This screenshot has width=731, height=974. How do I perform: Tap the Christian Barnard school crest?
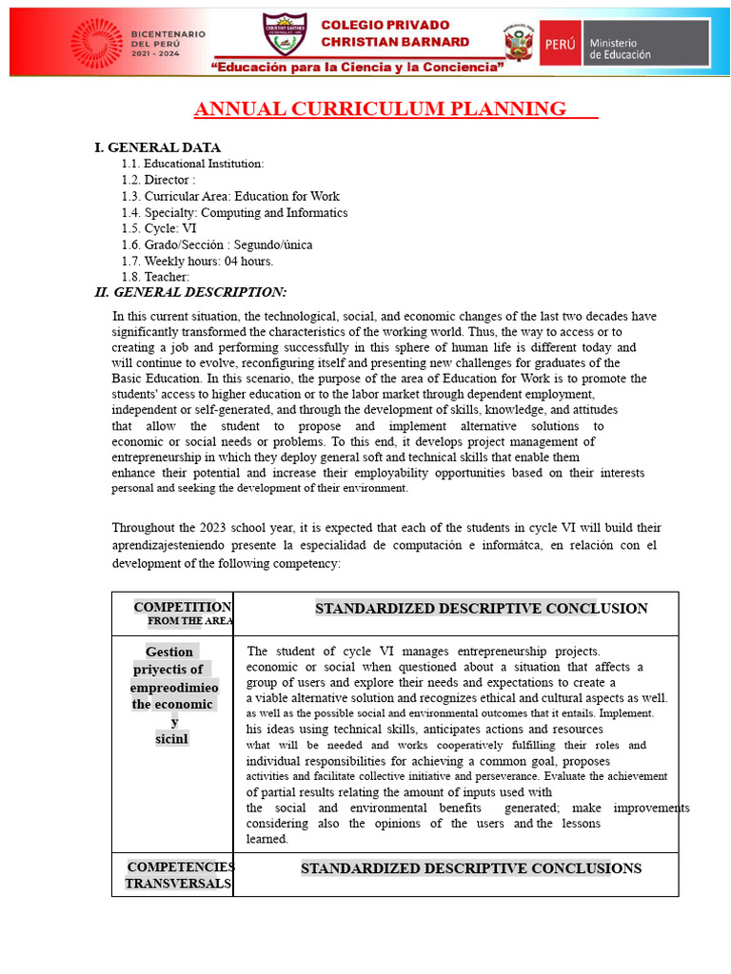285,35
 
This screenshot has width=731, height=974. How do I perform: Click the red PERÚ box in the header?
559,44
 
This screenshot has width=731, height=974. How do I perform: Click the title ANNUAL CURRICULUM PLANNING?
380,109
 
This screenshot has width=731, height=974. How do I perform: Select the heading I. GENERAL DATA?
157,147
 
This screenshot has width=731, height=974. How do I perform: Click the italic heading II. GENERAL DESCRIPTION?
190,292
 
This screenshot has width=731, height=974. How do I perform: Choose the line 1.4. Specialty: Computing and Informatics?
234,212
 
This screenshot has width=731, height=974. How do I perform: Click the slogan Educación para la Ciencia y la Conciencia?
358,68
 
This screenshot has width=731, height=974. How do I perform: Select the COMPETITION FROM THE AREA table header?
182,614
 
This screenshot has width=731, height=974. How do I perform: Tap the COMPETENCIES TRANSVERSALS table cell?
179,875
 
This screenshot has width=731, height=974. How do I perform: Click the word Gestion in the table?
169,652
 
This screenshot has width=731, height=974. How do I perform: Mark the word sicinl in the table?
172,739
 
